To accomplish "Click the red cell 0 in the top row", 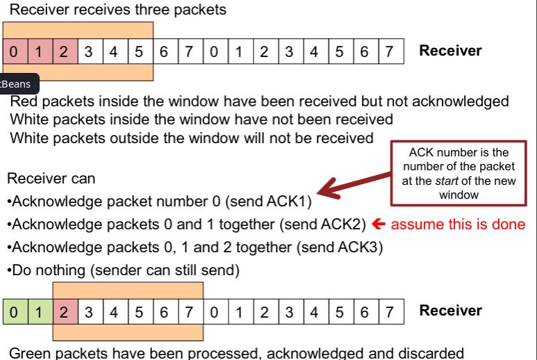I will (15, 51).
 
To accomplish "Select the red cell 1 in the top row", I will (40, 51).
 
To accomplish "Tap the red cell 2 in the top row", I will (65, 51).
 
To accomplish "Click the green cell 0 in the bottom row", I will (15, 311).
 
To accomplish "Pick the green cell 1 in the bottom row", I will (40, 311).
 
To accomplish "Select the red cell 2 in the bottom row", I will (65, 311).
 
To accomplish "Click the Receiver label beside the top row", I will (450, 51).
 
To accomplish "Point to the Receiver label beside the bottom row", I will (450, 310).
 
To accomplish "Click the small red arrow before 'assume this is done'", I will (379, 224).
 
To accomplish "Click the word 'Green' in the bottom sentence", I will (31, 353).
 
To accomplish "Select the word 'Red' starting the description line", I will (23, 101).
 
